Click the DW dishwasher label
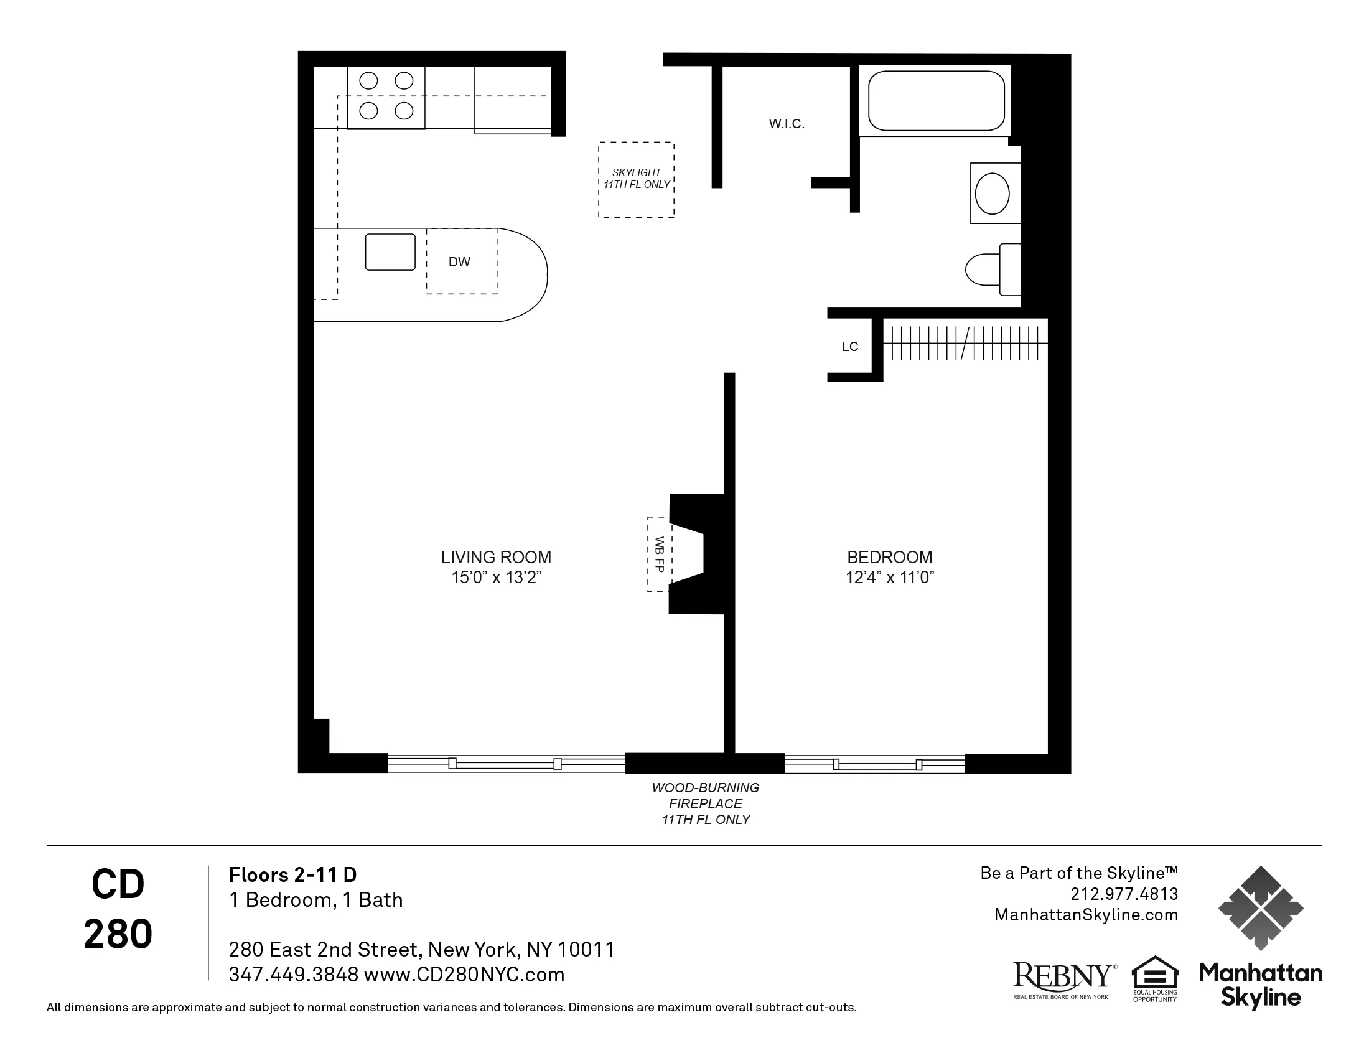click(x=459, y=262)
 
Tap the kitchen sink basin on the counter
click(x=390, y=252)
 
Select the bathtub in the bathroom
click(x=936, y=101)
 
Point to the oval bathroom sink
click(x=993, y=193)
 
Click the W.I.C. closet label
click(x=786, y=124)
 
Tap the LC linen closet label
click(x=849, y=347)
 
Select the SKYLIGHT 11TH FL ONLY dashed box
click(x=636, y=179)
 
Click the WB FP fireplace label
click(x=659, y=554)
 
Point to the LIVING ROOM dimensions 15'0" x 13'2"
click(x=496, y=578)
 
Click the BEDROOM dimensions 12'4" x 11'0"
click(x=889, y=578)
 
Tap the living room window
click(x=505, y=763)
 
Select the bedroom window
click(x=874, y=764)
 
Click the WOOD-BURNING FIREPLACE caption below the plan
click(x=705, y=803)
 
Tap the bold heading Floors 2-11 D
click(x=292, y=874)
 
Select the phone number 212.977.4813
click(x=1124, y=894)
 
